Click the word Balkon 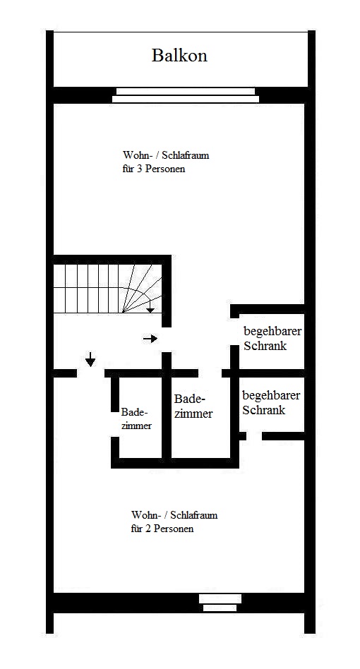pyautogui.click(x=179, y=56)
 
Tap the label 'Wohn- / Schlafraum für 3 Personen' pyautogui.click(x=166, y=162)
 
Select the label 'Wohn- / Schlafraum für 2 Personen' pyautogui.click(x=174, y=522)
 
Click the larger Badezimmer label pyautogui.click(x=193, y=406)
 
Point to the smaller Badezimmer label pyautogui.click(x=136, y=418)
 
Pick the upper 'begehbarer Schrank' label pyautogui.click(x=272, y=338)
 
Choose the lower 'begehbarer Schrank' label pyautogui.click(x=271, y=402)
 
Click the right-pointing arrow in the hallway pyautogui.click(x=150, y=339)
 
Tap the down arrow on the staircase pyautogui.click(x=150, y=307)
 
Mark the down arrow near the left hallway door pyautogui.click(x=90, y=359)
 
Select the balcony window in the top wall pyautogui.click(x=186, y=95)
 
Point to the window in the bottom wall pyautogui.click(x=220, y=603)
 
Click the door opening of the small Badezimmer pyautogui.click(x=115, y=425)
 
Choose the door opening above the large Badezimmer pyautogui.click(x=210, y=373)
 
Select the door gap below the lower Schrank pyautogui.click(x=254, y=436)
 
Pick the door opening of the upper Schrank pyautogui.click(x=234, y=332)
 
